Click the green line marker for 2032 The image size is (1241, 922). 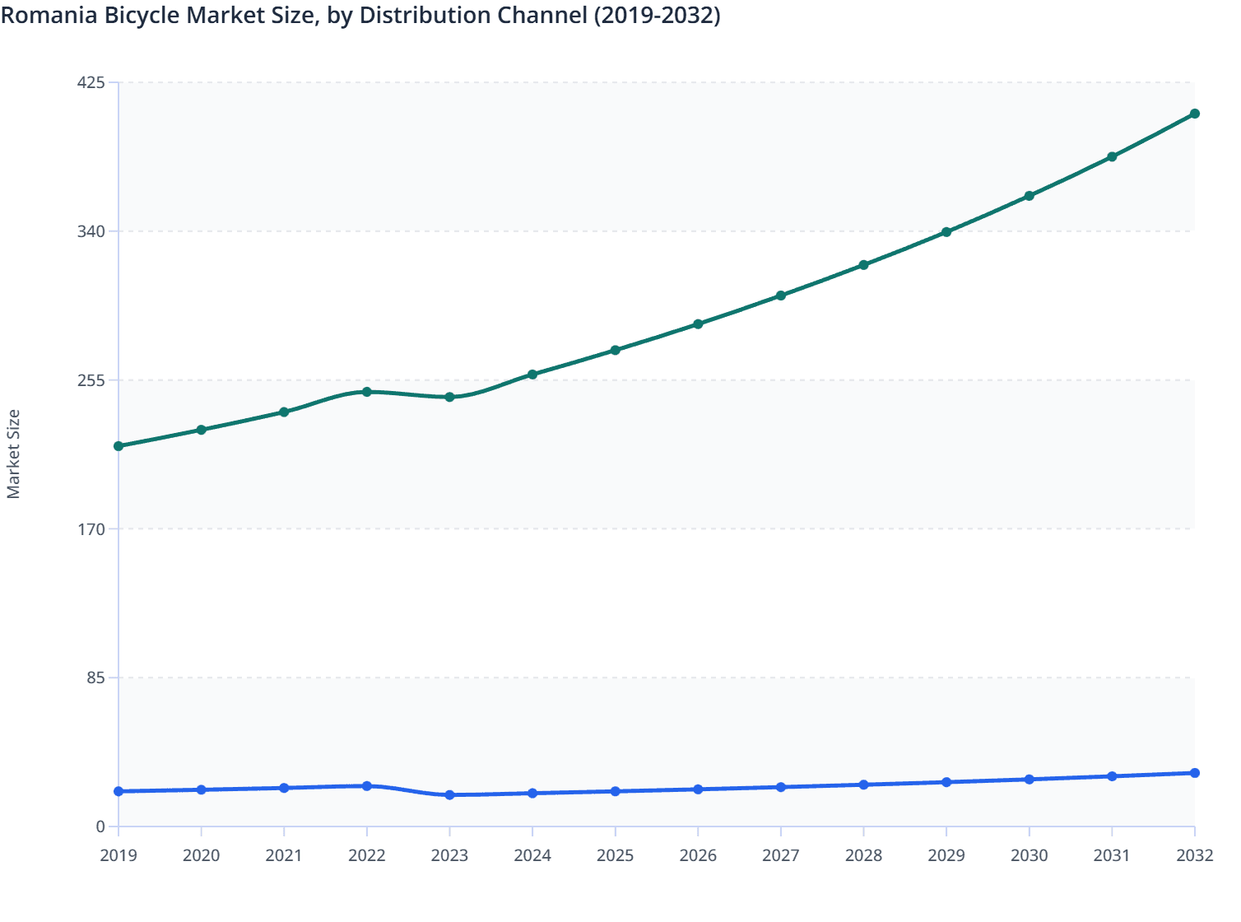pos(1194,114)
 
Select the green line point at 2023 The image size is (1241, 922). pos(449,397)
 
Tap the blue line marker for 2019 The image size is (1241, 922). pos(119,791)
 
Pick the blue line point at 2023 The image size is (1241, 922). pos(449,794)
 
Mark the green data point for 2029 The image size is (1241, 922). pos(946,232)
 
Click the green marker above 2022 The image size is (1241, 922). pos(367,392)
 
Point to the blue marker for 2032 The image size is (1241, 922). pos(1194,773)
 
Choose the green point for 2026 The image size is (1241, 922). pos(698,324)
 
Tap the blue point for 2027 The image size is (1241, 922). pos(780,787)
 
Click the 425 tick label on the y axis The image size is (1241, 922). pos(91,82)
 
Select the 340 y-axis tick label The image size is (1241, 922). pos(91,231)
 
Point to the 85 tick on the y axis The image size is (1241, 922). pos(95,678)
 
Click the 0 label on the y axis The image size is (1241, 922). pos(100,827)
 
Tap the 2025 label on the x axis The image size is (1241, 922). pos(615,855)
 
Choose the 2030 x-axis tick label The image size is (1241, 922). pos(1029,855)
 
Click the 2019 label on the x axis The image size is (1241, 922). pos(119,855)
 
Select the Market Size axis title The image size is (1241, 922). pos(13,454)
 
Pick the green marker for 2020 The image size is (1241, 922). pos(201,430)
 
